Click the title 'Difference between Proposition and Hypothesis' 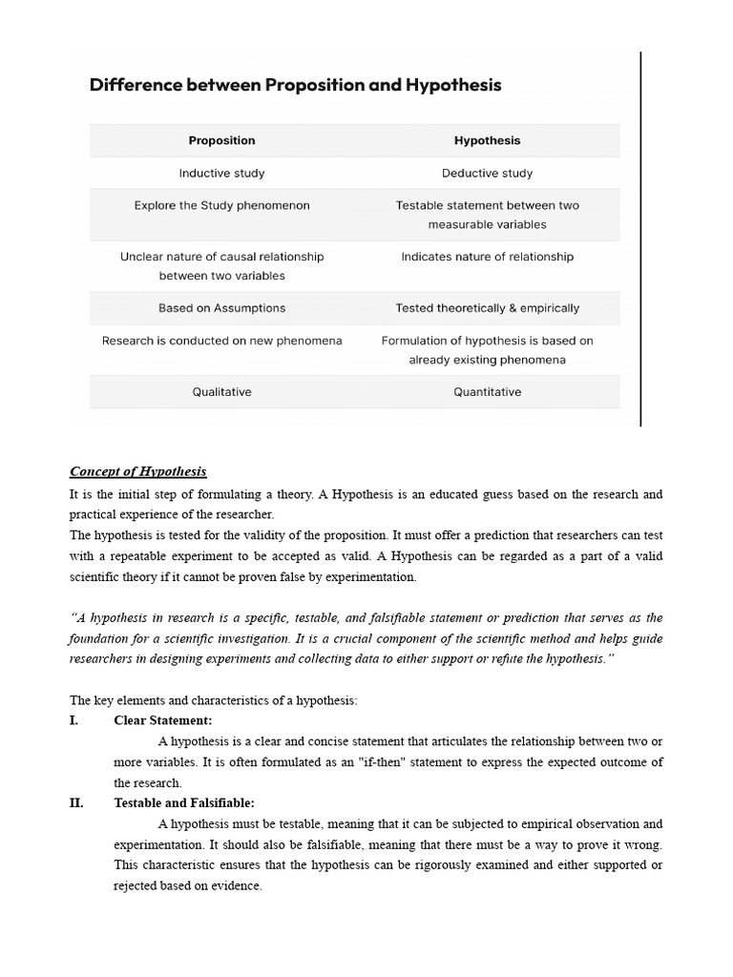pyautogui.click(x=295, y=85)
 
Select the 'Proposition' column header pyautogui.click(x=221, y=140)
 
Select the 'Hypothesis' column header pyautogui.click(x=487, y=140)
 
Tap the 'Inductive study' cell pyautogui.click(x=221, y=173)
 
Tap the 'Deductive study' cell pyautogui.click(x=487, y=173)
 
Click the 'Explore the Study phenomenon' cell pyautogui.click(x=221, y=205)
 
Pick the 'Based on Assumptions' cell pyautogui.click(x=221, y=308)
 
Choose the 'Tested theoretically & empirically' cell pyautogui.click(x=487, y=308)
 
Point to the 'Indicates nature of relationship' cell pyautogui.click(x=487, y=257)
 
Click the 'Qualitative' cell pyautogui.click(x=221, y=392)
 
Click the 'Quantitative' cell pyautogui.click(x=487, y=392)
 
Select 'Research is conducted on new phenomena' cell pyautogui.click(x=221, y=341)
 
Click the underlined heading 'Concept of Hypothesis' pyautogui.click(x=138, y=471)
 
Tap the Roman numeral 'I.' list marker pyautogui.click(x=74, y=720)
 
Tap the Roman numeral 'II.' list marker pyautogui.click(x=76, y=803)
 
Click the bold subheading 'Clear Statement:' pyautogui.click(x=163, y=720)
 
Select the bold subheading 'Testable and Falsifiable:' pyautogui.click(x=184, y=803)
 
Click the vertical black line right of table pyautogui.click(x=640, y=239)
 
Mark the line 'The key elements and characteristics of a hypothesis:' pyautogui.click(x=214, y=700)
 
